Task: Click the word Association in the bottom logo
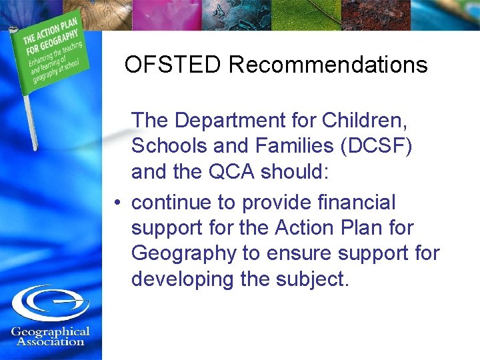pyautogui.click(x=51, y=341)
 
